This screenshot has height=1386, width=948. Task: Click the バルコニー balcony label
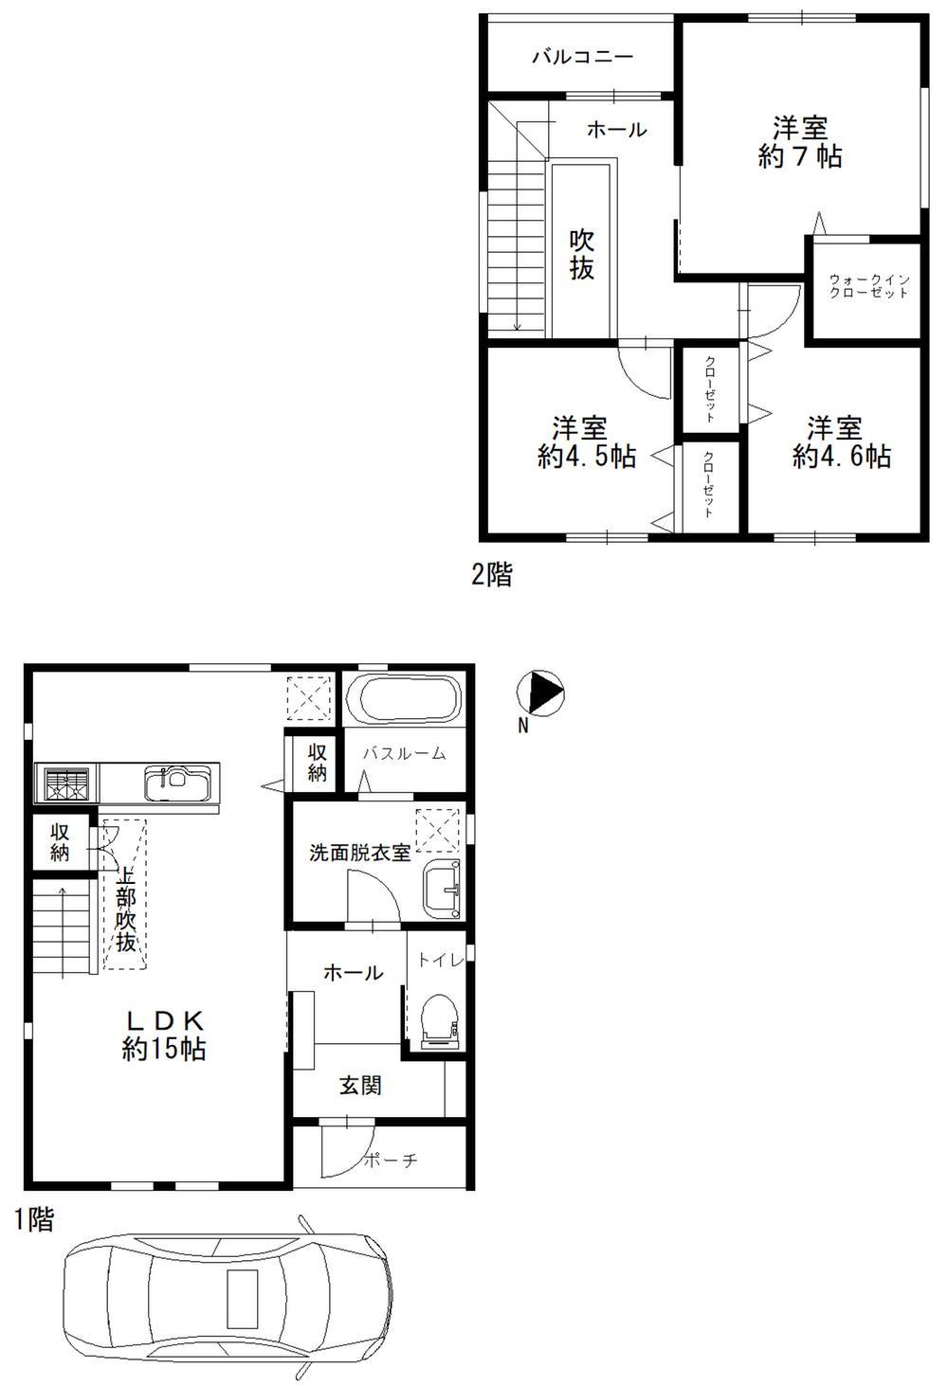click(x=582, y=57)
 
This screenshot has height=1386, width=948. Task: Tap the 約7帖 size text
click(x=800, y=157)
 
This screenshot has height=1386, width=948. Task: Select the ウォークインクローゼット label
click(x=869, y=286)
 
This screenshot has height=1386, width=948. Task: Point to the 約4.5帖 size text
click(x=586, y=457)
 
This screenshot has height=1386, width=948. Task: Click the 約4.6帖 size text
click(x=842, y=457)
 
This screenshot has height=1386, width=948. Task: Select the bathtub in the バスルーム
click(x=403, y=702)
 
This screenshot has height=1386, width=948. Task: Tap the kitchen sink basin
click(x=172, y=783)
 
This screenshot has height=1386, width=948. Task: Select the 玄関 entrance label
click(x=360, y=1086)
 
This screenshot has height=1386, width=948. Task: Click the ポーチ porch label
click(x=390, y=1160)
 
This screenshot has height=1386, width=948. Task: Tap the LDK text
click(x=166, y=1020)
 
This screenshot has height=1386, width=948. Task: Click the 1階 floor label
click(x=34, y=1220)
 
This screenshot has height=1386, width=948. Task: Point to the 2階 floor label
click(x=492, y=574)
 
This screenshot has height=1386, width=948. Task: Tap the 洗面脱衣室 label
click(x=360, y=852)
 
